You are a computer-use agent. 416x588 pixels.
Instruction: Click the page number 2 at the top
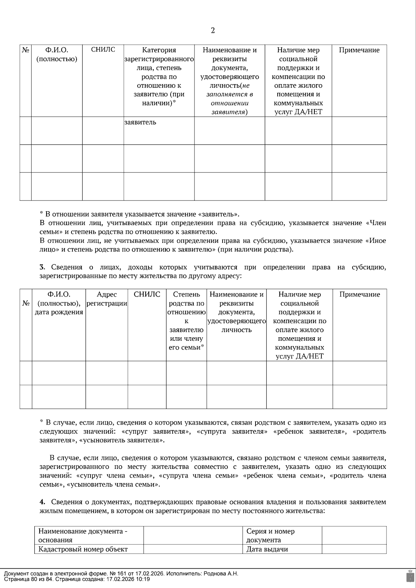tap(213, 30)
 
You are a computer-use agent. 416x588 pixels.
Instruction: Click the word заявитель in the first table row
tap(140, 122)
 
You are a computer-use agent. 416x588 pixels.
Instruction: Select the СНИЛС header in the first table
tap(103, 50)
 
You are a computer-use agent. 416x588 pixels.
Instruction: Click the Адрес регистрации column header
tap(107, 299)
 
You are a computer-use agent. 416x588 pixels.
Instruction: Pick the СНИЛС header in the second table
tap(147, 294)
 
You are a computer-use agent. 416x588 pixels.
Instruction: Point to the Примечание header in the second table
tap(359, 294)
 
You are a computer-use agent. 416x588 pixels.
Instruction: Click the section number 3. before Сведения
tap(42, 267)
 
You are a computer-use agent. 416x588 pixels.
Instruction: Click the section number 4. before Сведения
tap(42, 502)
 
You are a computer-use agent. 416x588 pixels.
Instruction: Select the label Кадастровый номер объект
tap(83, 549)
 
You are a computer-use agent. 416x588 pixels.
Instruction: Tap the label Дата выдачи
tap(267, 549)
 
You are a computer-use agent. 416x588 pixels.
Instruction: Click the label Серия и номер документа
tap(270, 535)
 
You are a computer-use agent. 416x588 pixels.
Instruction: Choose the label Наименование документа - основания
tap(83, 535)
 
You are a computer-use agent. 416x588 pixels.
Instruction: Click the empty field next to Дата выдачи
tap(354, 549)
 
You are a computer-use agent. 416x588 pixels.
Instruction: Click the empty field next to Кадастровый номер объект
tap(193, 549)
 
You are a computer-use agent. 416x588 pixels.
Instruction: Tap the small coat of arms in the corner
tap(409, 576)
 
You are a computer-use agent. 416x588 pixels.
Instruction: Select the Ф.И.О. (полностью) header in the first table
tap(57, 54)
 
